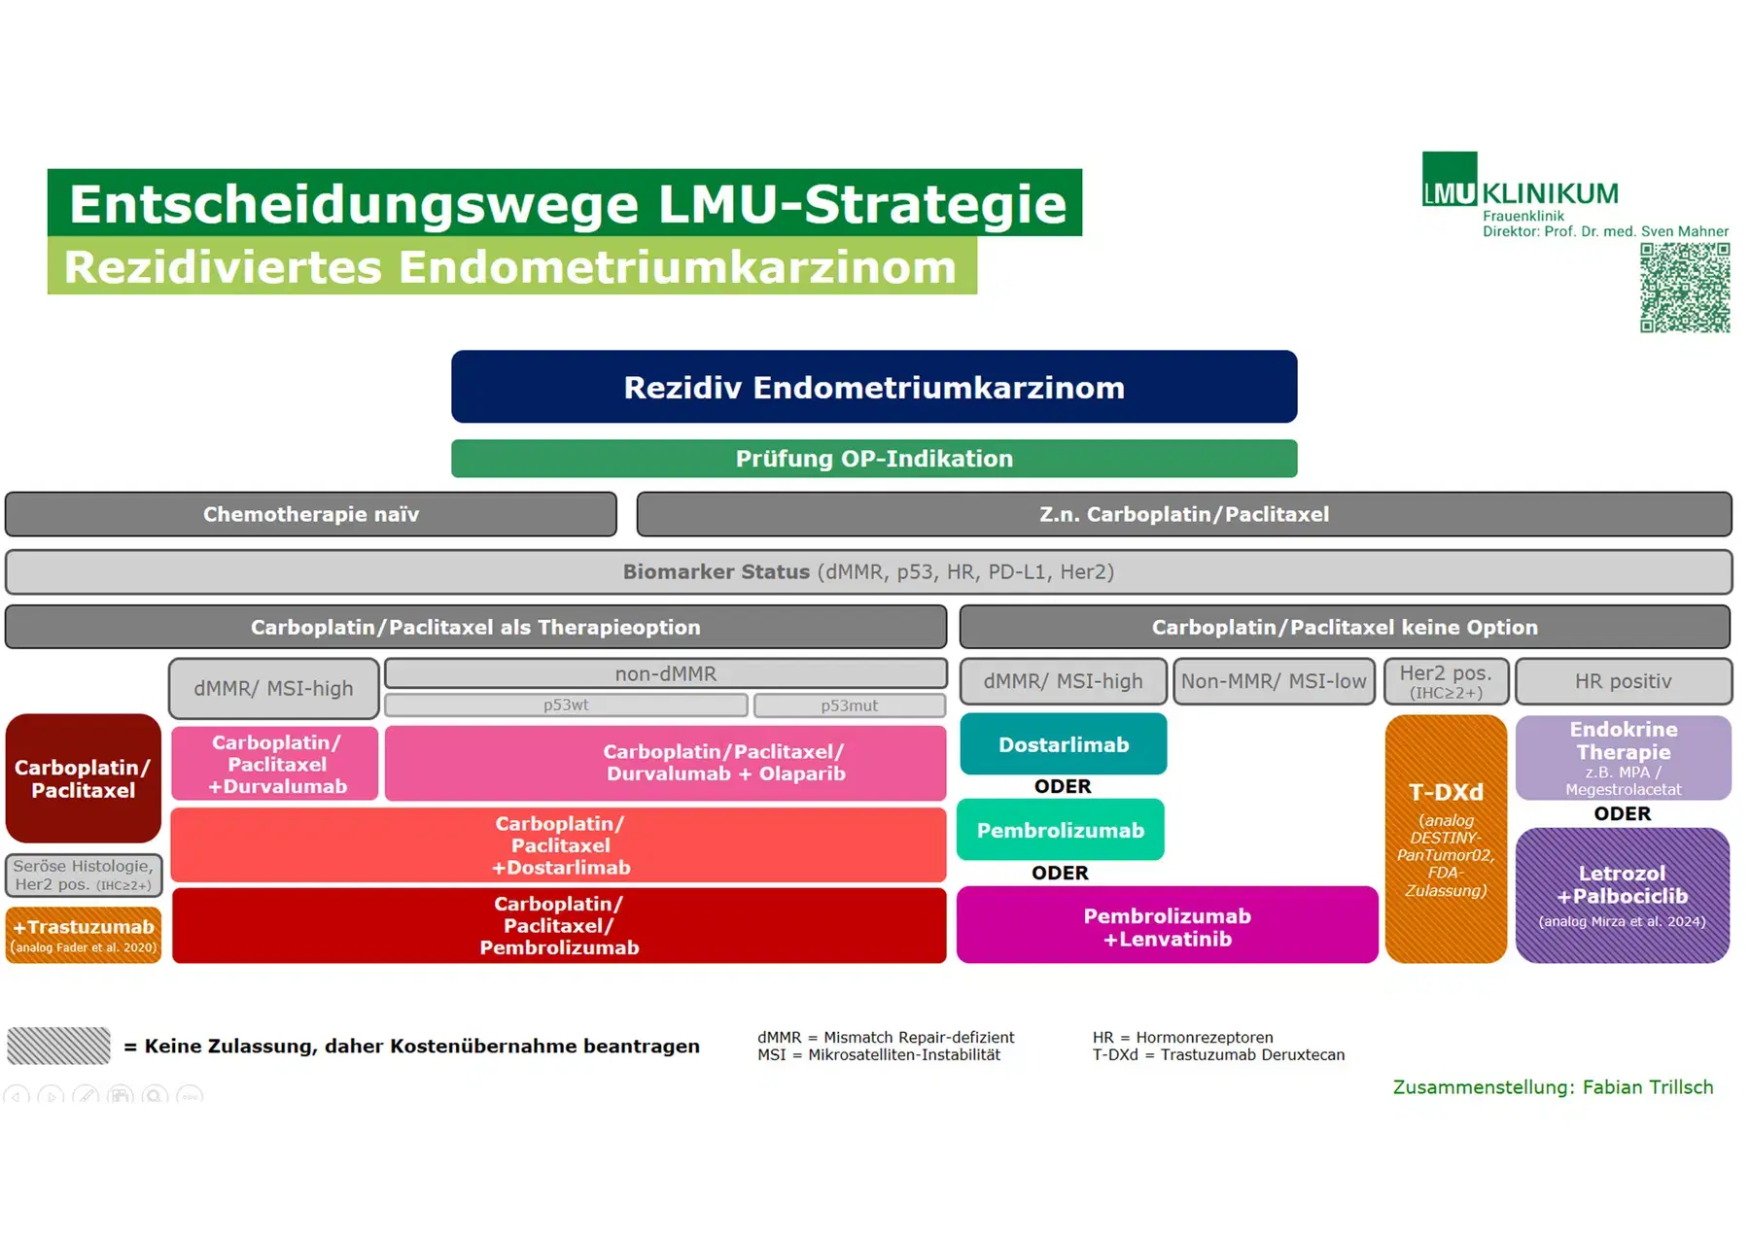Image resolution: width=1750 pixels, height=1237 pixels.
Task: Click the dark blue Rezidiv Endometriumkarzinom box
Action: click(873, 387)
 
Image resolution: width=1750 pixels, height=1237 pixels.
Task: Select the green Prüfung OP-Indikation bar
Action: click(873, 459)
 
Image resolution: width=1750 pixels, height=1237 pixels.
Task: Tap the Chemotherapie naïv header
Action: click(310, 514)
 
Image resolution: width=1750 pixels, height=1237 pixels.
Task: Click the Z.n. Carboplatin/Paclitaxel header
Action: click(1183, 514)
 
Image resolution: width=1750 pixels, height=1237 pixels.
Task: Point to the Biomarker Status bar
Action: click(868, 572)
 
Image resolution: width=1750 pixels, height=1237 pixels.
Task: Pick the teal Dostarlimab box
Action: click(1063, 744)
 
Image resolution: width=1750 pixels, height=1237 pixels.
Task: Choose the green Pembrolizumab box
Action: click(1060, 830)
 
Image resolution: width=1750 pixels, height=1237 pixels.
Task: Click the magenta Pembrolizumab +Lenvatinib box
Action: click(1167, 926)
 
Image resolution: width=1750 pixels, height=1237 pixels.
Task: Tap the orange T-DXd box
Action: click(1446, 839)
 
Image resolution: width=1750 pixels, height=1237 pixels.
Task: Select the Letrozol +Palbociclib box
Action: click(1622, 895)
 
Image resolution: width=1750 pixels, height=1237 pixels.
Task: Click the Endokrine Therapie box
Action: click(1623, 757)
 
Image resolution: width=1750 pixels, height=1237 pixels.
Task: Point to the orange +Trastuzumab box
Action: click(84, 935)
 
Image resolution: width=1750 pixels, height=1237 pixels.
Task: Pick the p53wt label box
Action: click(566, 705)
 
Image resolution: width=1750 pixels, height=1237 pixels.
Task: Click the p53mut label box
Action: click(849, 705)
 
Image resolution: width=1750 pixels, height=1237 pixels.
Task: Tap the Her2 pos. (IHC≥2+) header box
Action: click(1446, 681)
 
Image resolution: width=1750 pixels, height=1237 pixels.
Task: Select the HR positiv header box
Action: click(1623, 681)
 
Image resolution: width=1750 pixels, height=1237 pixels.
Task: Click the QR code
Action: click(1685, 288)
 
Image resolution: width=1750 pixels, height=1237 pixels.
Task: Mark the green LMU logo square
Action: click(1449, 179)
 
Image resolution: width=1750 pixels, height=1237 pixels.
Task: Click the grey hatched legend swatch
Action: click(58, 1046)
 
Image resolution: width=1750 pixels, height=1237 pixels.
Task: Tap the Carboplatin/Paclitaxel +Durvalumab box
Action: click(276, 764)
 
